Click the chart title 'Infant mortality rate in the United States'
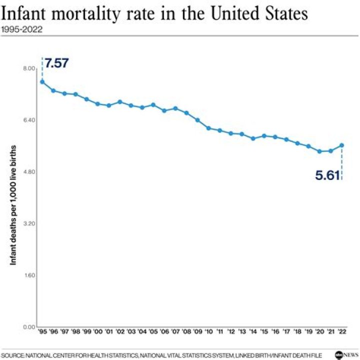[x=155, y=14]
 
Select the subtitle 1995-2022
[x=22, y=29]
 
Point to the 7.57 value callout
[x=56, y=64]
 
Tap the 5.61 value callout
[x=327, y=175]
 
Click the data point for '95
[x=42, y=81]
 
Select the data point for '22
[x=342, y=145]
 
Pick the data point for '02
[x=120, y=101]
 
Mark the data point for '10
[x=208, y=128]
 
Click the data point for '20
[x=319, y=151]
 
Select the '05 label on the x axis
[x=152, y=332]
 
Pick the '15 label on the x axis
[x=264, y=332]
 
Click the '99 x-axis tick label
[x=86, y=332]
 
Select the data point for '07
[x=175, y=108]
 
